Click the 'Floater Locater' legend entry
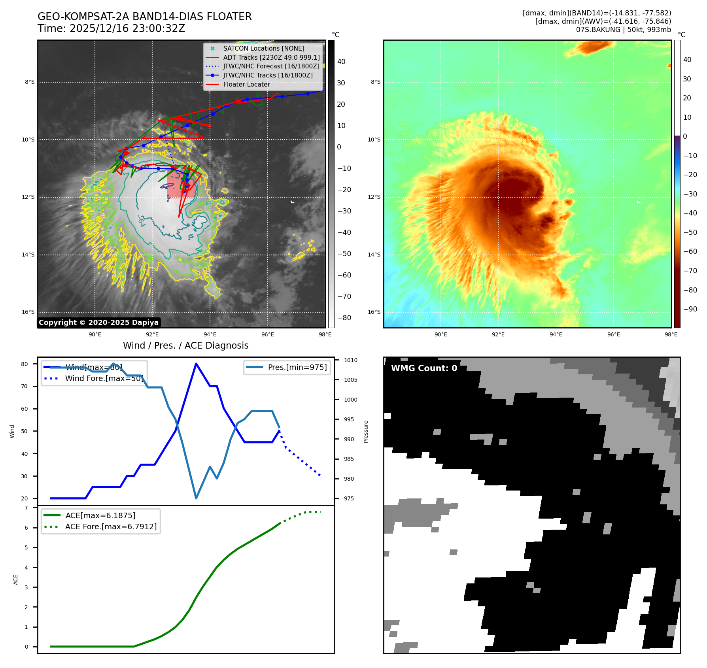(x=246, y=84)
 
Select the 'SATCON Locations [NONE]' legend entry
(x=263, y=48)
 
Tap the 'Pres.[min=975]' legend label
(x=297, y=367)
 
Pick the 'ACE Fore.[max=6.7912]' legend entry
(x=111, y=526)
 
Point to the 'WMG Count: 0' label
(x=424, y=368)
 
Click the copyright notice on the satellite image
(x=98, y=323)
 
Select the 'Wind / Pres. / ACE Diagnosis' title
(x=185, y=345)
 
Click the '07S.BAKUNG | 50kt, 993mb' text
(x=623, y=30)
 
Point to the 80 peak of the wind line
(x=196, y=364)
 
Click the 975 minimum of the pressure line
(x=196, y=498)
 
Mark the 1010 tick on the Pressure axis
(x=350, y=360)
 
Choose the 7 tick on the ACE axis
(x=26, y=508)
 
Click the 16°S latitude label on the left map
(x=28, y=312)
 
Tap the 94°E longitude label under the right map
(x=556, y=334)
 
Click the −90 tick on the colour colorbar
(x=690, y=309)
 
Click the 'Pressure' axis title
(x=366, y=432)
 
